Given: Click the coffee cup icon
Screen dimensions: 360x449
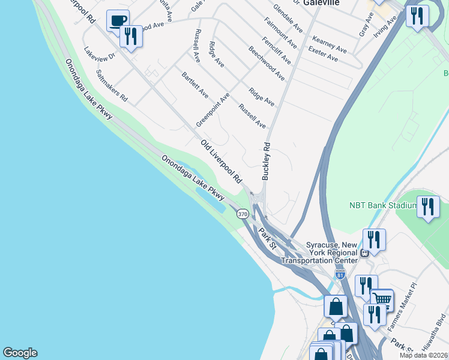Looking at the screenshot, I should pyautogui.click(x=118, y=20).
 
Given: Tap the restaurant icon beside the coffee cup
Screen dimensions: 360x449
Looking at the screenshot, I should pyautogui.click(x=131, y=36).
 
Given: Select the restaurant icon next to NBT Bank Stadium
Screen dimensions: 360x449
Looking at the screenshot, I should pyautogui.click(x=427, y=208).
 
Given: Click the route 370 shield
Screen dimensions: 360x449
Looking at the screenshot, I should pyautogui.click(x=243, y=214).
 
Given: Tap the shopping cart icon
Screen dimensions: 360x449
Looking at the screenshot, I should pyautogui.click(x=382, y=299).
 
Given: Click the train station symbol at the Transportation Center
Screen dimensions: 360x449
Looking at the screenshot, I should pyautogui.click(x=364, y=253).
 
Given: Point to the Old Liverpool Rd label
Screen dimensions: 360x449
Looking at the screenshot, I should pyautogui.click(x=221, y=161).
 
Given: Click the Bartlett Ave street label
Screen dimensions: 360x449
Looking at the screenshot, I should pyautogui.click(x=195, y=86).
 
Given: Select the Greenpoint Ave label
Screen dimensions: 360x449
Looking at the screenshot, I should pyautogui.click(x=213, y=109).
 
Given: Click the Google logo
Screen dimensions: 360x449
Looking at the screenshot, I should pyautogui.click(x=20, y=353).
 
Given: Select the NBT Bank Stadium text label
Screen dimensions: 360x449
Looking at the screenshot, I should pyautogui.click(x=383, y=205).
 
